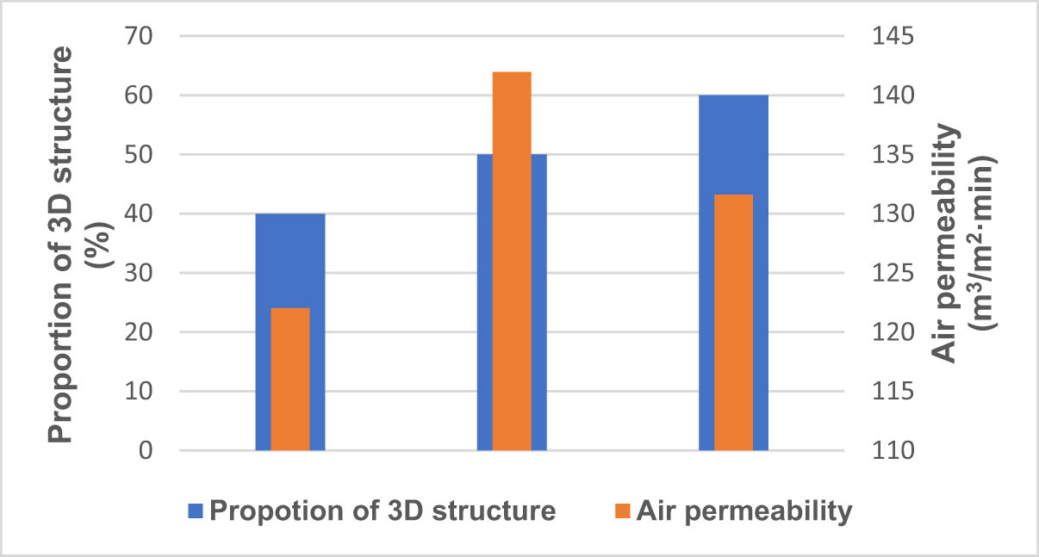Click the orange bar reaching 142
[x=512, y=258]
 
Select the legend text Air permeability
[x=744, y=511]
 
